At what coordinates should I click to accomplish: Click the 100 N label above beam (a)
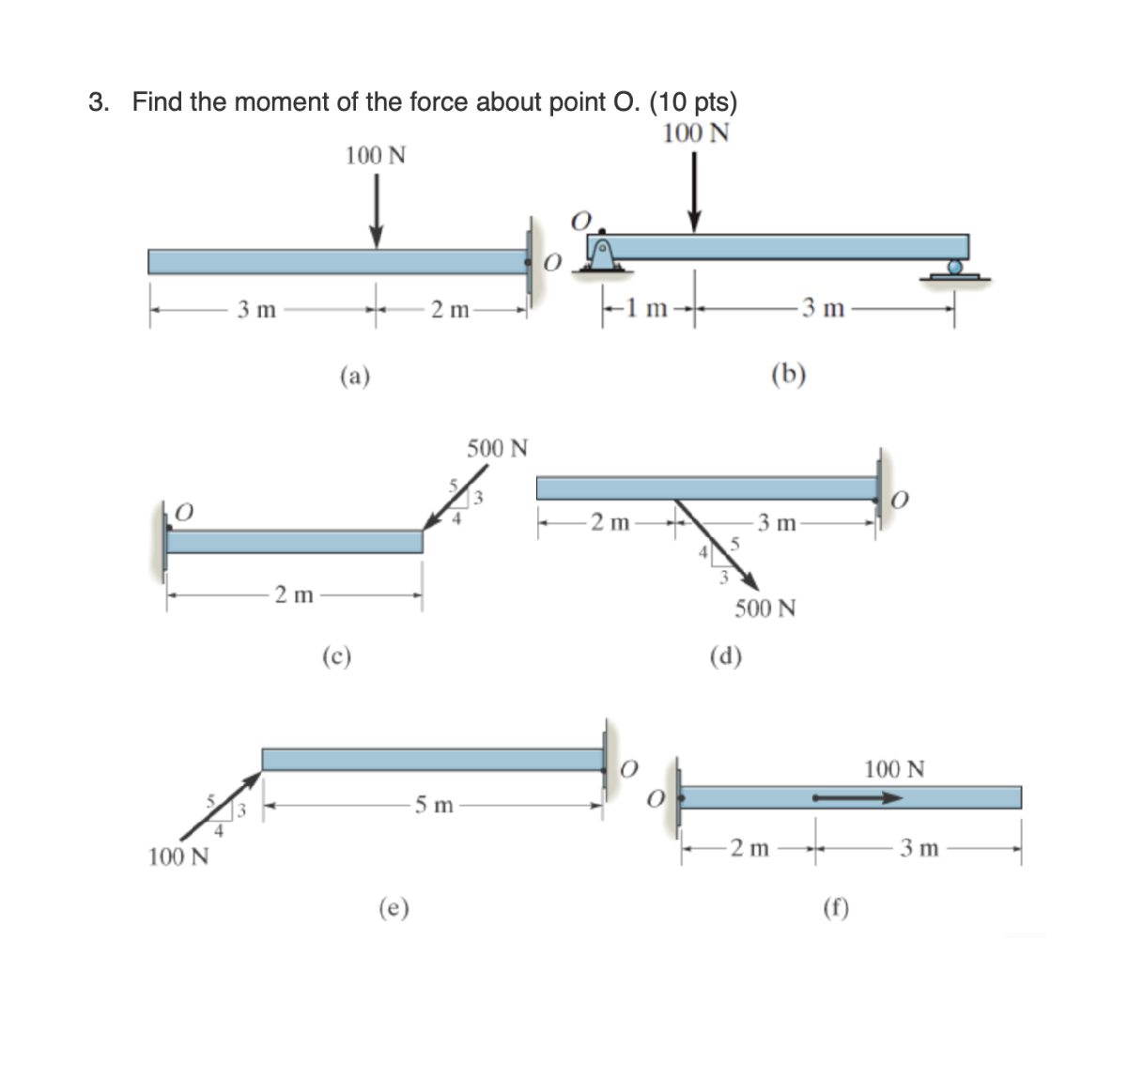pyautogui.click(x=375, y=155)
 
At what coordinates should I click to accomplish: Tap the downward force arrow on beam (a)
pyautogui.click(x=376, y=211)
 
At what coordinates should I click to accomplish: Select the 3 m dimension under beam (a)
pyautogui.click(x=256, y=310)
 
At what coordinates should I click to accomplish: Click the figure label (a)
pyautogui.click(x=354, y=377)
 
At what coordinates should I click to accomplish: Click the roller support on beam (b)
pyautogui.click(x=955, y=270)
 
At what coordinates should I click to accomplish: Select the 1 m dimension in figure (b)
pyautogui.click(x=647, y=308)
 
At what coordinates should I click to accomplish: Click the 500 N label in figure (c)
pyautogui.click(x=497, y=448)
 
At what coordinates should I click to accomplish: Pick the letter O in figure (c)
pyautogui.click(x=184, y=510)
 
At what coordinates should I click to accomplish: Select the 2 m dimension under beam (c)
pyautogui.click(x=294, y=594)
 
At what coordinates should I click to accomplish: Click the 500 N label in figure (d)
pyautogui.click(x=764, y=609)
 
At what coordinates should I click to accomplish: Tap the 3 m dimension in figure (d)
pyautogui.click(x=777, y=522)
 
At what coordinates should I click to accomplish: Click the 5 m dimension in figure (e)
pyautogui.click(x=434, y=805)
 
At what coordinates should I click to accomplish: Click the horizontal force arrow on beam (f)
pyautogui.click(x=857, y=798)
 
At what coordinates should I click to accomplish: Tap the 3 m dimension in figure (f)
pyautogui.click(x=919, y=849)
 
